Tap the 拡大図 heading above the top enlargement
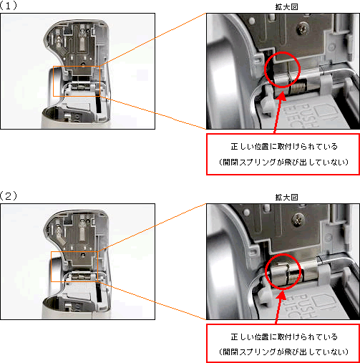pyautogui.click(x=283, y=6)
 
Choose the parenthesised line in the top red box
pyautogui.click(x=283, y=163)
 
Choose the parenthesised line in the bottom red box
pyautogui.click(x=283, y=353)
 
